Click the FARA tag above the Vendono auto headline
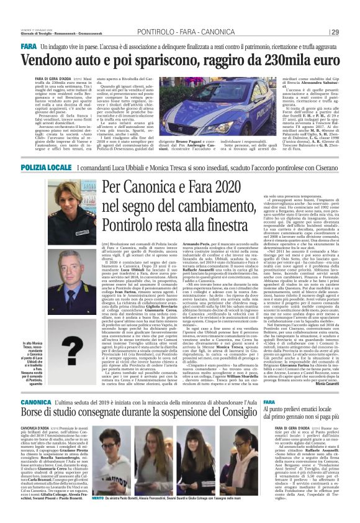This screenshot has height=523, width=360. tap(29, 47)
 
